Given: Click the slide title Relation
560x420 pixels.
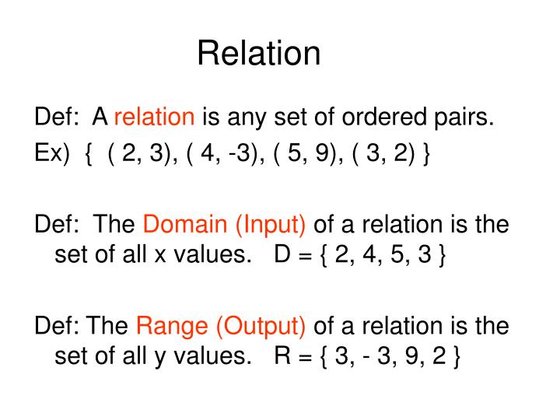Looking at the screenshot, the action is (x=258, y=53).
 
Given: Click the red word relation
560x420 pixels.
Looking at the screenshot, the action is (x=154, y=117).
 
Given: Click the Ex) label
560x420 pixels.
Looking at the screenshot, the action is (x=51, y=153).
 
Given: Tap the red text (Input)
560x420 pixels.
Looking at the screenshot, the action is (x=270, y=225).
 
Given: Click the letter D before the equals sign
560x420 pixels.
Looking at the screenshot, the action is (x=282, y=256).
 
